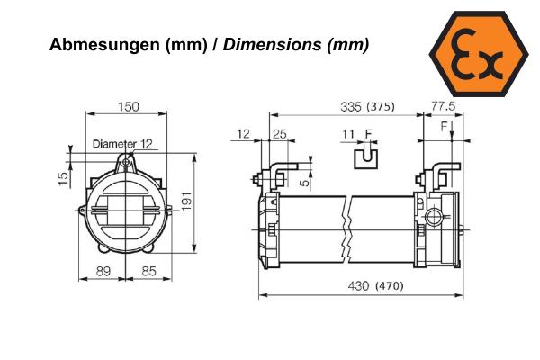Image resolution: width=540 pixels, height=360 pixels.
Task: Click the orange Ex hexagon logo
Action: coord(479,53)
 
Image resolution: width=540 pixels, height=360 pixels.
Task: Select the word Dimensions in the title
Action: coord(273,44)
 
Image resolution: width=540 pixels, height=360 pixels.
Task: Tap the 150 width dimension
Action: coord(129,107)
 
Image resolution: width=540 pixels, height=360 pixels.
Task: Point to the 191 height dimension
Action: coord(187,202)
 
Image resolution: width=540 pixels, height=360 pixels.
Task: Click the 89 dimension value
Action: coord(103,272)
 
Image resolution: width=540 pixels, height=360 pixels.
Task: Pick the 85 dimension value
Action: coord(149,272)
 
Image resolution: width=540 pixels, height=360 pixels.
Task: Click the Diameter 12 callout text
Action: coord(122,144)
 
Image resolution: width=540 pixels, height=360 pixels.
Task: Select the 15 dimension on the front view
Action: coord(63,178)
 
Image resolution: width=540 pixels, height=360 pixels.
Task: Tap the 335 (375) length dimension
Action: coord(367,107)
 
